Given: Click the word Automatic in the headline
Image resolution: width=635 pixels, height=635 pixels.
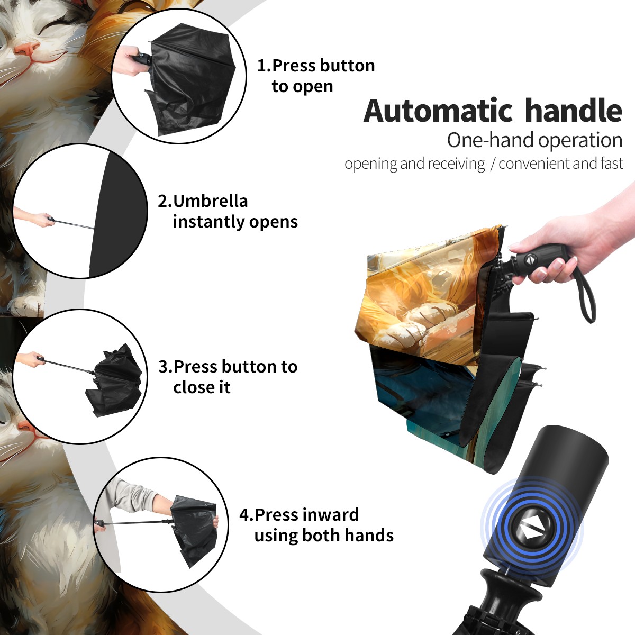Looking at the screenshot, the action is [x=438, y=111].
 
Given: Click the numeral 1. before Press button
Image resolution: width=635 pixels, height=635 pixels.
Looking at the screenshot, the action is [x=264, y=66].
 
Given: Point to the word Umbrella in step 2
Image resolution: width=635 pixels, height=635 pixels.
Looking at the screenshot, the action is [x=210, y=201].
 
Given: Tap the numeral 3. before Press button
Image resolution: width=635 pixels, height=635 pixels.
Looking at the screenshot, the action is [x=166, y=367].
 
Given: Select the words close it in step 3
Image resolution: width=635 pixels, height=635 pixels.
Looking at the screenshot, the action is [x=202, y=387].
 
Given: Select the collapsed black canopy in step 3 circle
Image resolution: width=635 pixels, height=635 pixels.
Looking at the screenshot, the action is [x=114, y=380].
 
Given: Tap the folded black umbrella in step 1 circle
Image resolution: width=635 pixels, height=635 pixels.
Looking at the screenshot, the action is [x=191, y=79].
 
